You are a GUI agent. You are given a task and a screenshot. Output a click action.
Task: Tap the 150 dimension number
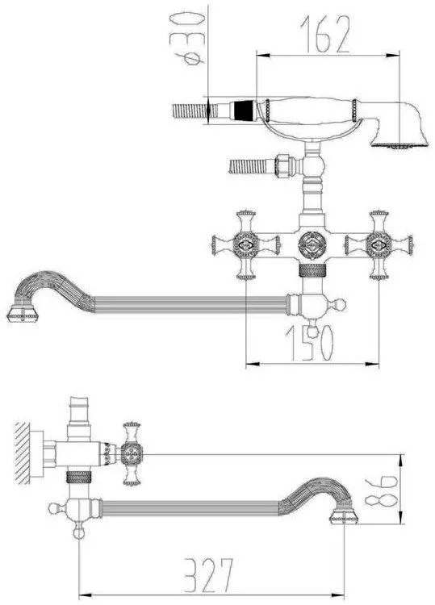(x=309, y=343)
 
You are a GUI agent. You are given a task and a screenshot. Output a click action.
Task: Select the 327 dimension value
(x=209, y=574)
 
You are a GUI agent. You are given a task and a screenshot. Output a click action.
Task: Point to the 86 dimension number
(x=382, y=490)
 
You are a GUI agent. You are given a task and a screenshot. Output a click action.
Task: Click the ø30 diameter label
(x=188, y=38)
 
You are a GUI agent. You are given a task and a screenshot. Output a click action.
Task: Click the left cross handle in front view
(x=246, y=244)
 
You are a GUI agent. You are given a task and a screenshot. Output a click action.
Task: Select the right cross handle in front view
(x=379, y=244)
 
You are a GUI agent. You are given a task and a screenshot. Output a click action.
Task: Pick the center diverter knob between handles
(x=312, y=245)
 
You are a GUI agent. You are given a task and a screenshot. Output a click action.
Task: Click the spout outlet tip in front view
(x=23, y=313)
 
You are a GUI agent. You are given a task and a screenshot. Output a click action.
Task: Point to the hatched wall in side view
(x=23, y=453)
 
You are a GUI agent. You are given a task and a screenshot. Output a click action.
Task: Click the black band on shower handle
(x=244, y=111)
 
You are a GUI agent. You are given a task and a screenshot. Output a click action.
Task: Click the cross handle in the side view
(x=132, y=453)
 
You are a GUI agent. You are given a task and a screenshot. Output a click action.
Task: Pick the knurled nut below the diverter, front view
(x=312, y=271)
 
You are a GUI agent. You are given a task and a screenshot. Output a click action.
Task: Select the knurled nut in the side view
(x=79, y=478)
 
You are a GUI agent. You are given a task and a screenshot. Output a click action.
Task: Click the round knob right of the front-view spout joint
(x=341, y=305)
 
